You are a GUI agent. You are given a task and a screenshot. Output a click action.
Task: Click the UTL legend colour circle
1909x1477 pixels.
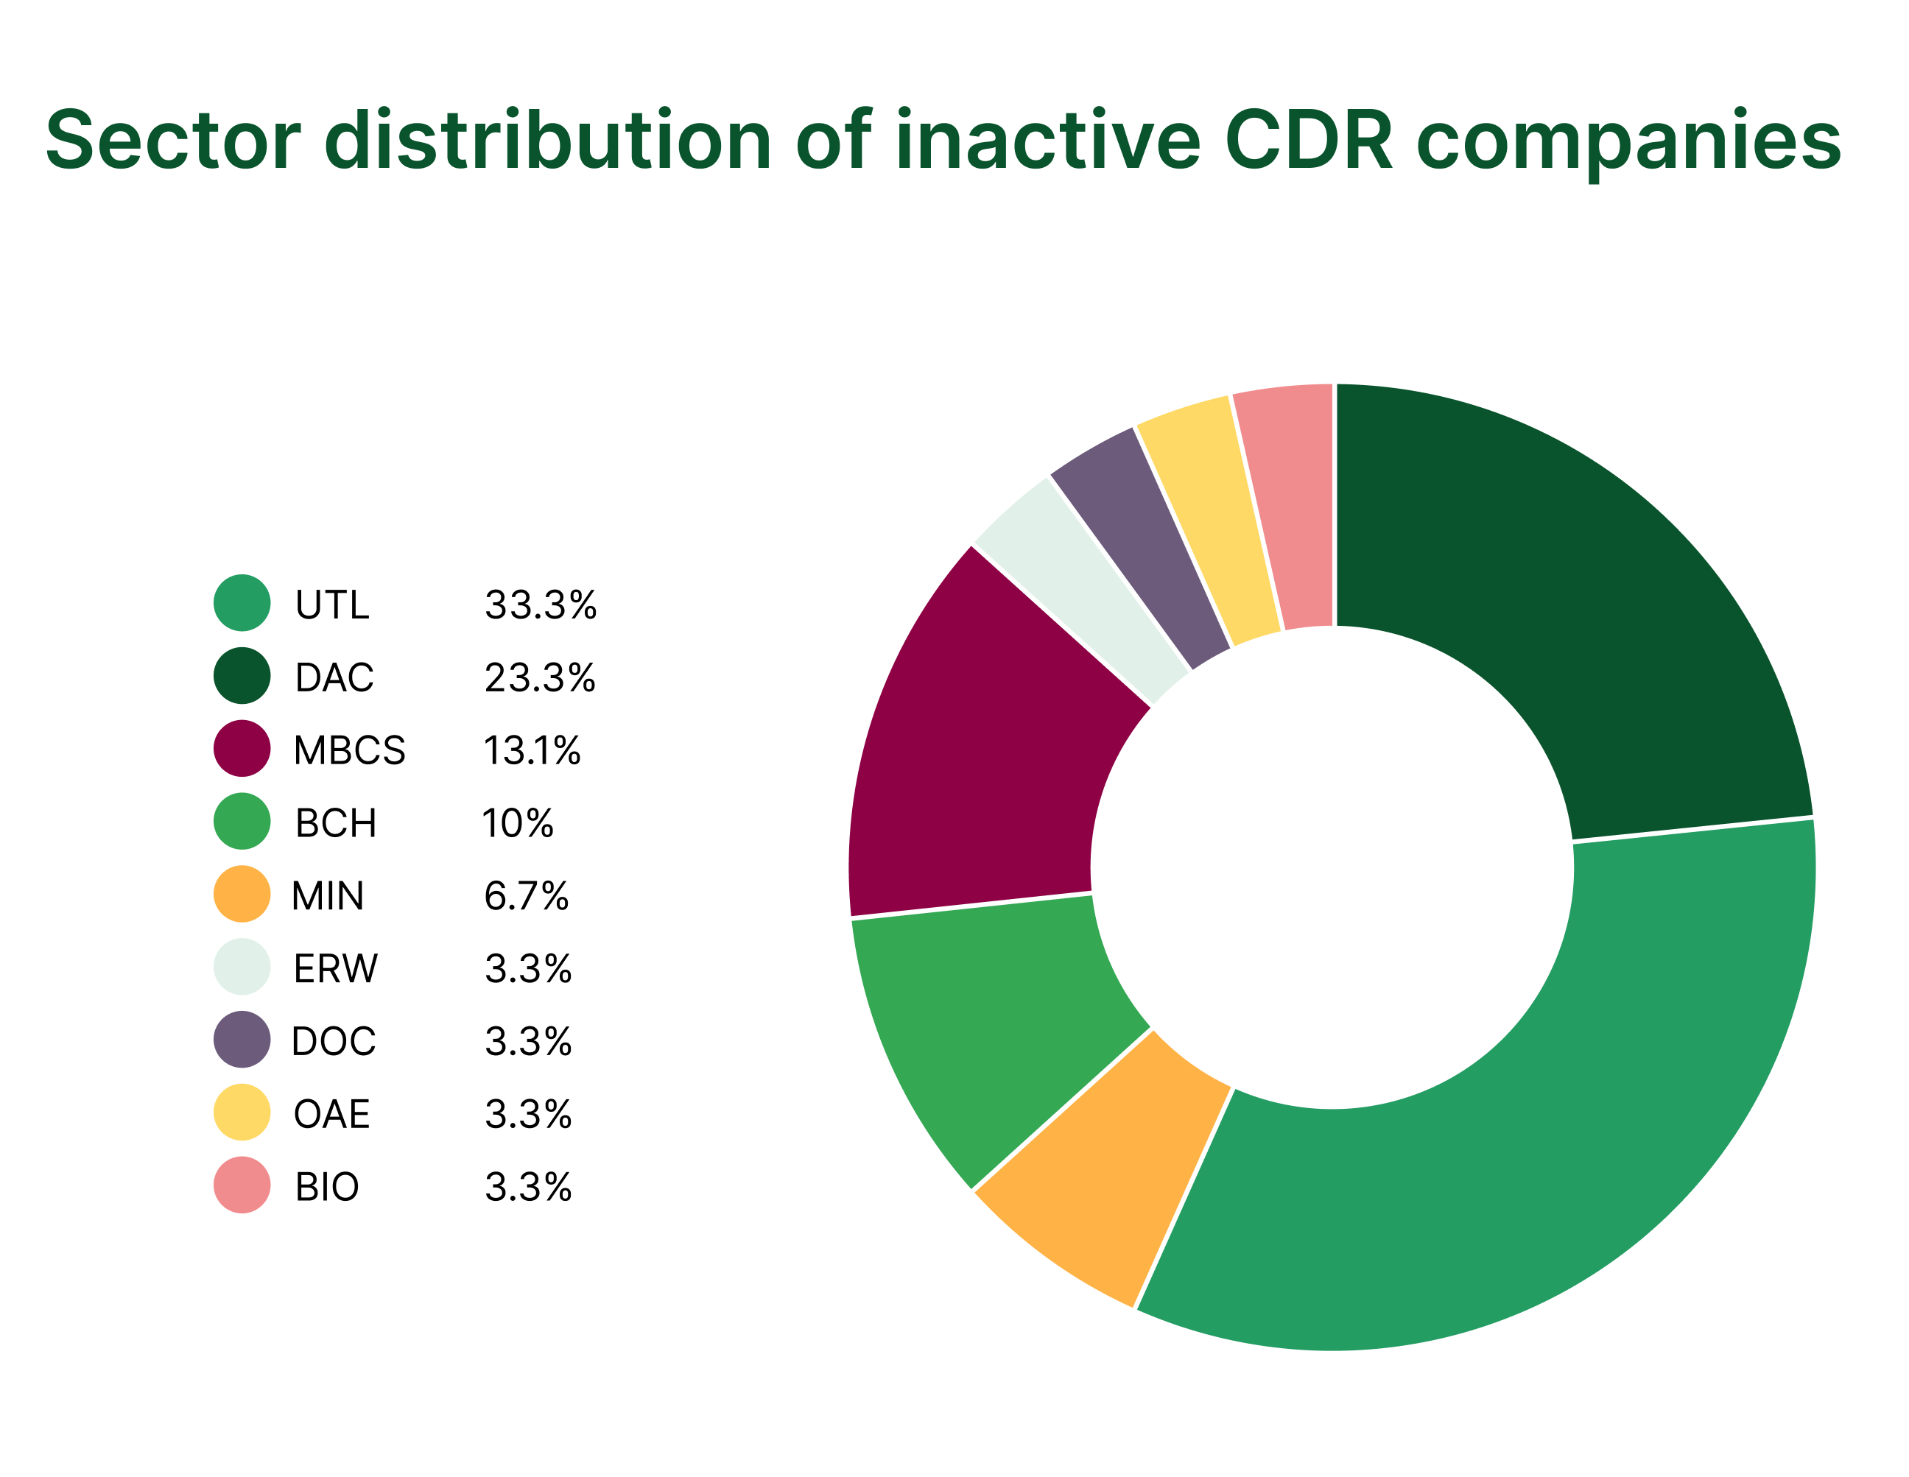click(242, 603)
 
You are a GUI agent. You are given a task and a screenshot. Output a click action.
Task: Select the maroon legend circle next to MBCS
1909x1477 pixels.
click(242, 748)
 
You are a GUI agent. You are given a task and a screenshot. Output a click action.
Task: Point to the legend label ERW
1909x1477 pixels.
click(336, 968)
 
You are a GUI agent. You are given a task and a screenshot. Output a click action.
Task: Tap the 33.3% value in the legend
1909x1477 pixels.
click(540, 604)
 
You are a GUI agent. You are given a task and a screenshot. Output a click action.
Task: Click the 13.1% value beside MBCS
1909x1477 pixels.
click(532, 750)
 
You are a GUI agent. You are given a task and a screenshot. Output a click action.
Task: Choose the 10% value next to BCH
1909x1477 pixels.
click(518, 823)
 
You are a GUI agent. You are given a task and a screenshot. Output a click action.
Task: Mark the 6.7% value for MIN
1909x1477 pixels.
click(526, 896)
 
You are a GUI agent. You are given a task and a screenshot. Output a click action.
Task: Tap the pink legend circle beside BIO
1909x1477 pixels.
click(242, 1185)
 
